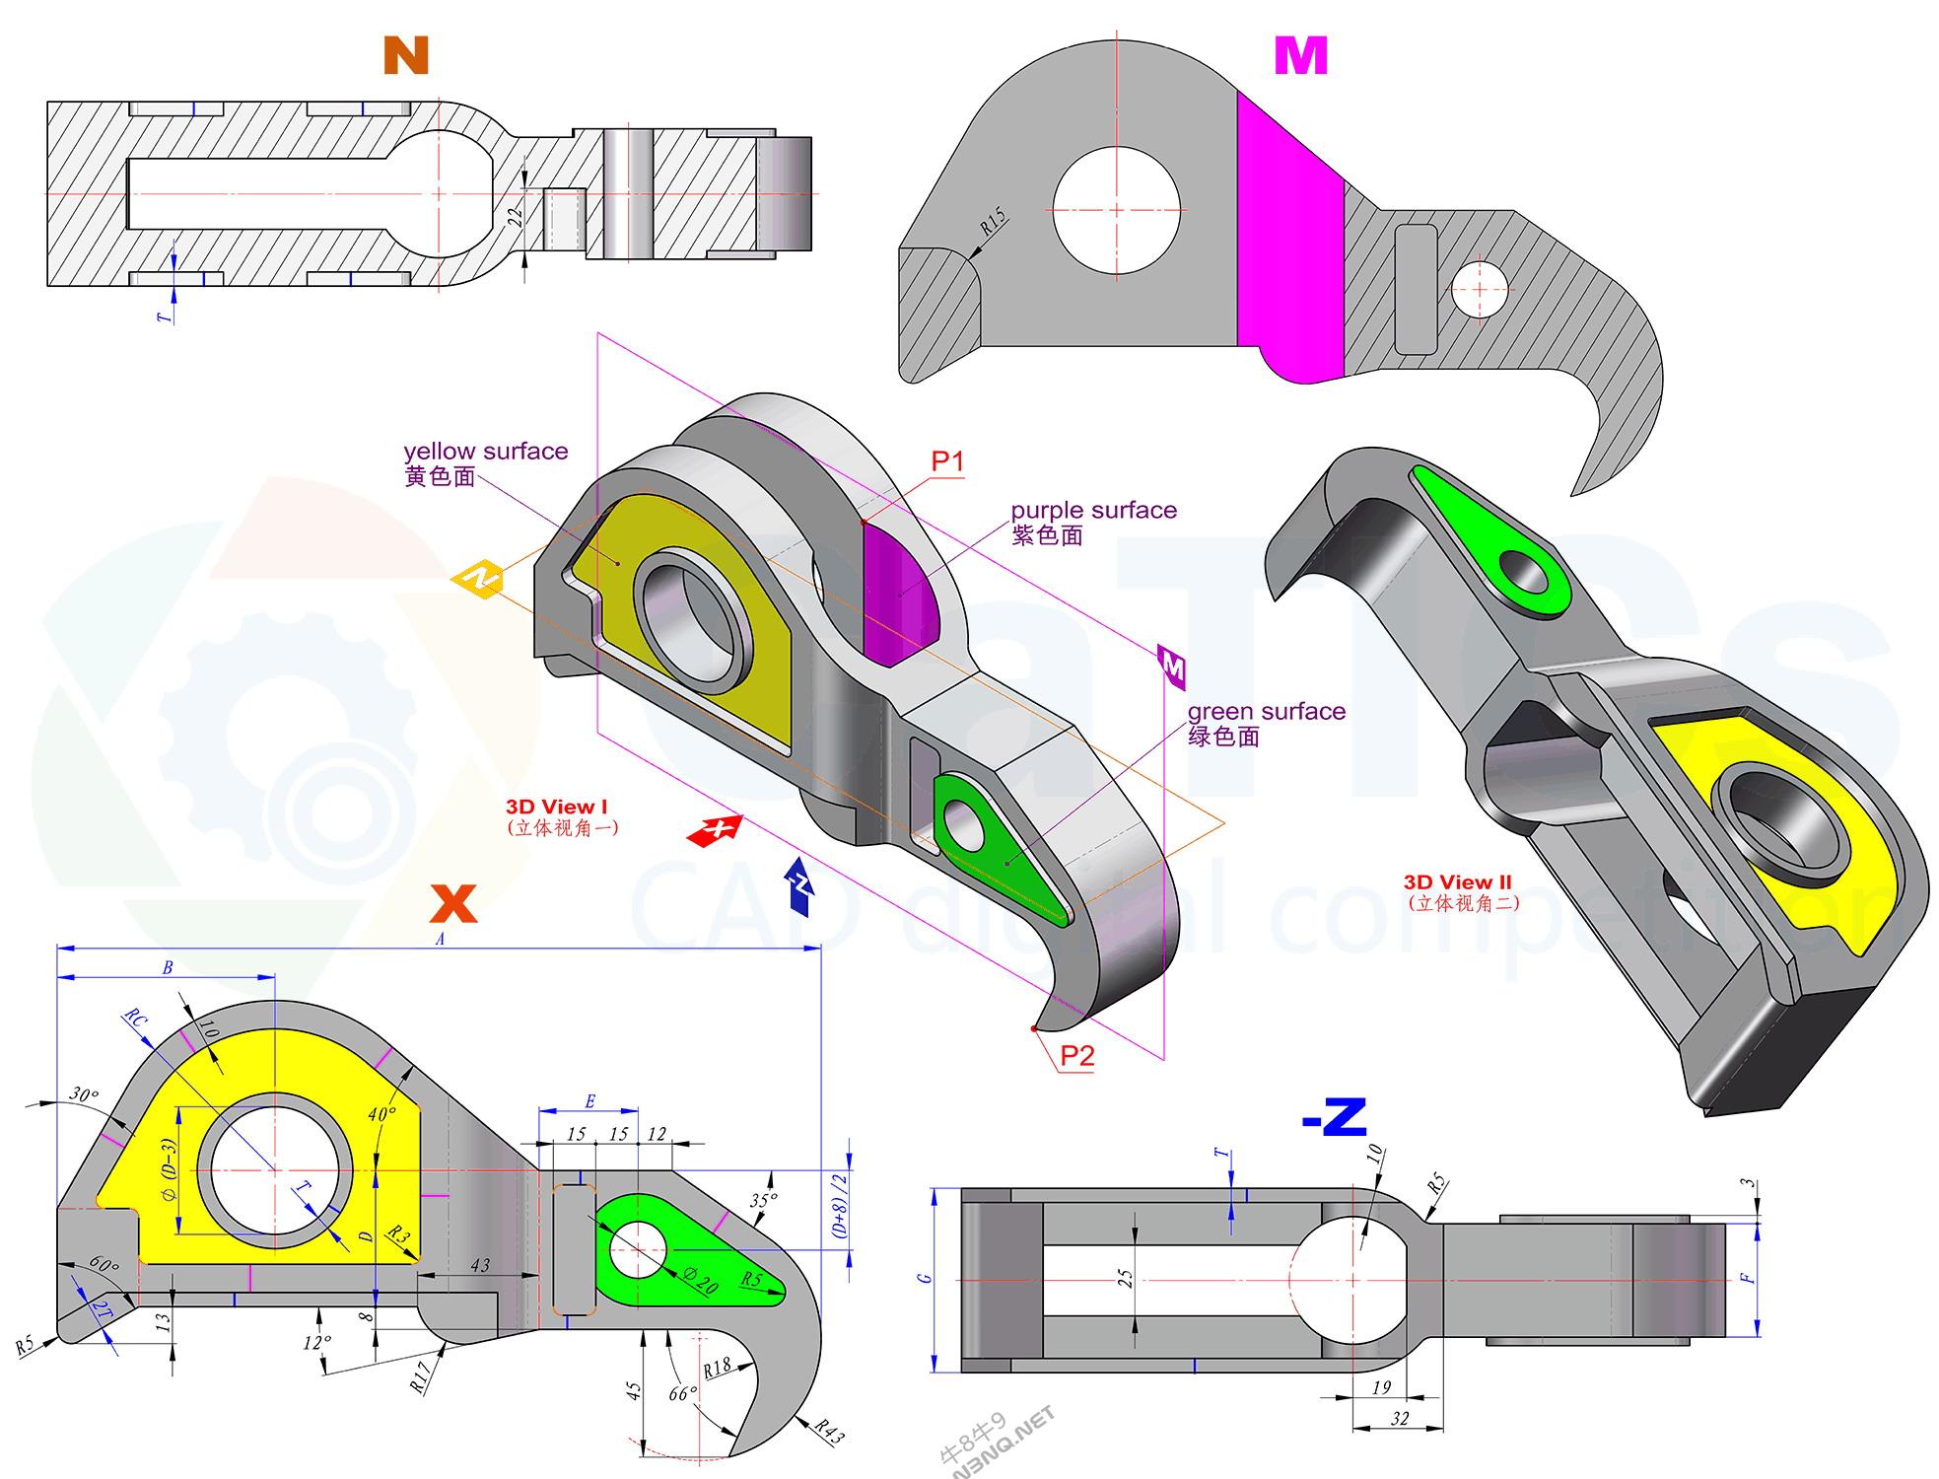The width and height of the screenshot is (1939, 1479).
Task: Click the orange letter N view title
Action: coord(405,56)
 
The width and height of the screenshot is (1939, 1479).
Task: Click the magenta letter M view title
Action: coord(1300,56)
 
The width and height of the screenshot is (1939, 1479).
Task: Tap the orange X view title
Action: coord(453,902)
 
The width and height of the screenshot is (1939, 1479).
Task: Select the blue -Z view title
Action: coord(1334,1118)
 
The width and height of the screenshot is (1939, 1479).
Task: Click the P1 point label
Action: coord(946,460)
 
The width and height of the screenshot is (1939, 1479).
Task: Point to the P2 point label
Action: coord(1076,1057)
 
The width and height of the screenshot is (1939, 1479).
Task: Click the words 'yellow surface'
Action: coord(485,452)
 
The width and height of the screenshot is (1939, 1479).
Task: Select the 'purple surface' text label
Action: coord(1093,511)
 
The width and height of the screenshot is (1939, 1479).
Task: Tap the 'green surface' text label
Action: coord(1266,712)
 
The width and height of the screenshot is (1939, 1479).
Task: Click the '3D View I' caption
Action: coord(556,808)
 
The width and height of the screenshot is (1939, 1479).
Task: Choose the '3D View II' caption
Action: coord(1457,882)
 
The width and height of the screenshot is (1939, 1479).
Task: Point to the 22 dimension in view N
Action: coord(515,217)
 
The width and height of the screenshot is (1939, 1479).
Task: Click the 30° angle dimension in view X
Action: coord(84,1095)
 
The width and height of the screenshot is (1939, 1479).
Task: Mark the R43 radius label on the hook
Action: coord(829,1433)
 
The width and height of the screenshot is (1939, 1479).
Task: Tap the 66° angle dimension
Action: coord(681,1394)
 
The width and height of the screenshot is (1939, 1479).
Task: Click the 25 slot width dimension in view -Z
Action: coord(1126,1279)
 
